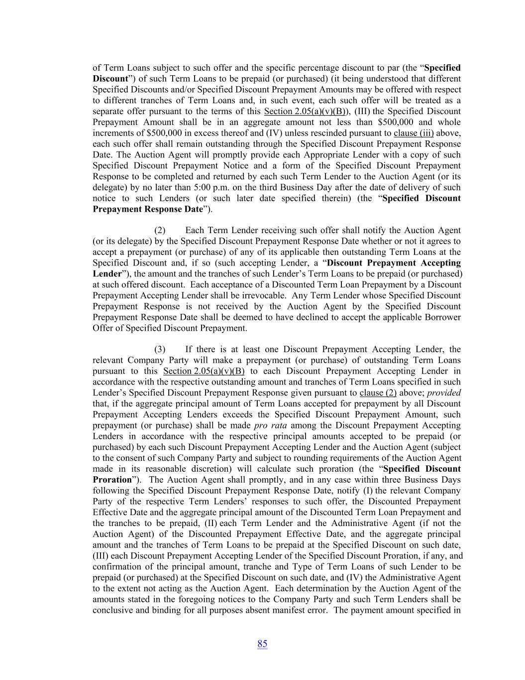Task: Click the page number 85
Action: [x=262, y=644]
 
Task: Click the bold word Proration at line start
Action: [x=111, y=480]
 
